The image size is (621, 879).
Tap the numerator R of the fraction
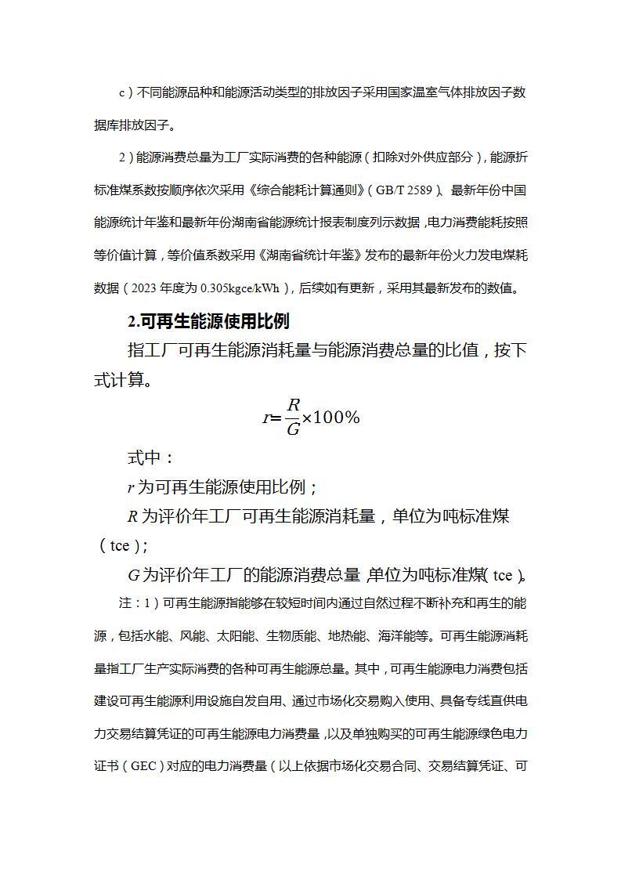tap(293, 405)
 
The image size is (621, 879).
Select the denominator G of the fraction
tap(293, 429)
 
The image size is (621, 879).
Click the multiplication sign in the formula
tap(307, 418)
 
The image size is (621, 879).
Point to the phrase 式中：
tap(151, 458)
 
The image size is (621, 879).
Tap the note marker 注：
tap(128, 603)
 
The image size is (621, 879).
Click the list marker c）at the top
tap(127, 92)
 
